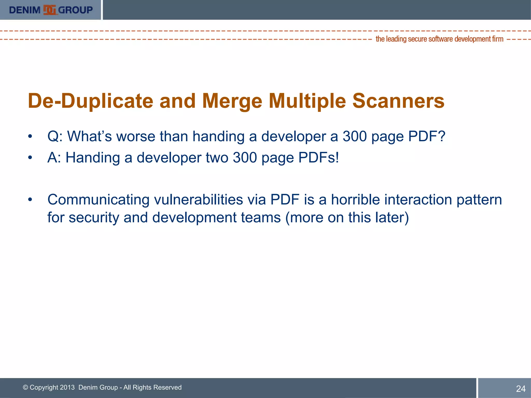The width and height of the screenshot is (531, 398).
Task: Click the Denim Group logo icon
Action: (50, 10)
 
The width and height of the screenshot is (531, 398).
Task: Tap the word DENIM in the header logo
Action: (25, 10)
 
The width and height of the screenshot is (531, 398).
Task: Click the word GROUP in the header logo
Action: (75, 10)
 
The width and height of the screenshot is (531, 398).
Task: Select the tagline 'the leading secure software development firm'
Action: (439, 39)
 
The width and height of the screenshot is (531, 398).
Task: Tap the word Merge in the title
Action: (232, 101)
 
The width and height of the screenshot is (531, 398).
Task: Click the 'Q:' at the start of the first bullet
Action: (55, 136)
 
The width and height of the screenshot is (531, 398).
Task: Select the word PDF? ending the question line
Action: (427, 136)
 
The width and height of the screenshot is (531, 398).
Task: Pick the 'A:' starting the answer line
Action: (54, 158)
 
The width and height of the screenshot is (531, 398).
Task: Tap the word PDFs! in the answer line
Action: (318, 158)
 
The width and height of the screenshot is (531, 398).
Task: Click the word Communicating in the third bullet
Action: (99, 200)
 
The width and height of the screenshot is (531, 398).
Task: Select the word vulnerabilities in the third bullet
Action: (198, 200)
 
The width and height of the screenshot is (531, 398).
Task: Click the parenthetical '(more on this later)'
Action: (347, 217)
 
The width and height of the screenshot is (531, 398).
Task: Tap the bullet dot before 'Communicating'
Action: (30, 200)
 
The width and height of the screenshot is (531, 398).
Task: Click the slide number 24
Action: (521, 389)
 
